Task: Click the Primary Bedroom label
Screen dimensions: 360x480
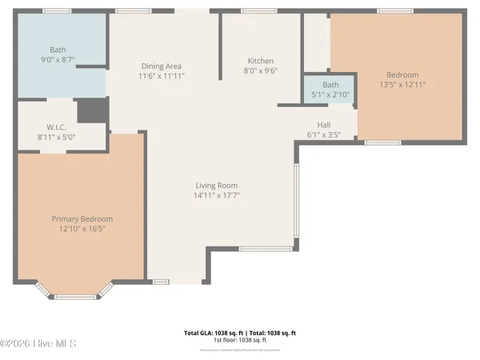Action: (x=82, y=219)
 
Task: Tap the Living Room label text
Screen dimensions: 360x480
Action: (x=216, y=185)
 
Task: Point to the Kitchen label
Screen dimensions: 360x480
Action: (x=260, y=61)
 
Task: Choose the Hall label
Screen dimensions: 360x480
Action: (x=324, y=125)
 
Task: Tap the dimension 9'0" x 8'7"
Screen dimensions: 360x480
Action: (x=58, y=59)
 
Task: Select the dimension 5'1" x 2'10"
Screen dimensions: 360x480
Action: (x=330, y=94)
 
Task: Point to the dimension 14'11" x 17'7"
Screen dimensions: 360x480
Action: (x=216, y=195)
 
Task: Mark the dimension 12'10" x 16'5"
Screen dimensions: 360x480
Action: (x=82, y=229)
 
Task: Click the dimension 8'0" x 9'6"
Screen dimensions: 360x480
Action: (x=260, y=70)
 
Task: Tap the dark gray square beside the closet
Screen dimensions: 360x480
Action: (x=92, y=110)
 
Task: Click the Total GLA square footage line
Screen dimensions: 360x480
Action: (x=240, y=332)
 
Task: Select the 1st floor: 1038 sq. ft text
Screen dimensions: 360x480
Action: (x=240, y=341)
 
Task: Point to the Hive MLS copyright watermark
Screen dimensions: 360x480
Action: (x=38, y=343)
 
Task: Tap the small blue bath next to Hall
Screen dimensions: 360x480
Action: (x=330, y=89)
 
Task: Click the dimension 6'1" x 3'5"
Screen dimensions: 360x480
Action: (x=324, y=134)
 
